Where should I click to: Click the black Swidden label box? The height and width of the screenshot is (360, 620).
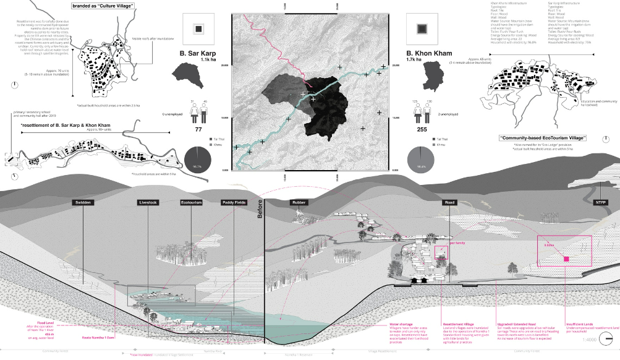83,203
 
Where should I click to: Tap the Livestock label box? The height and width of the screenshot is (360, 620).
148,203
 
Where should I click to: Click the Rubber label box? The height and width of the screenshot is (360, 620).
299,203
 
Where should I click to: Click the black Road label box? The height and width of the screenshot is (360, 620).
449,203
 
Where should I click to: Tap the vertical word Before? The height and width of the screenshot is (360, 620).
260,212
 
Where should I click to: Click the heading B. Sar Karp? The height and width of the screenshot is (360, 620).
198,54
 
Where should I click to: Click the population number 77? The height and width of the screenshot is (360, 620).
199,131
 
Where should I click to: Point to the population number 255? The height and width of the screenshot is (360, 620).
423,131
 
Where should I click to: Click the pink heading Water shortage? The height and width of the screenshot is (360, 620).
401,324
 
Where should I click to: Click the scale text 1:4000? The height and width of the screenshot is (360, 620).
590,339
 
